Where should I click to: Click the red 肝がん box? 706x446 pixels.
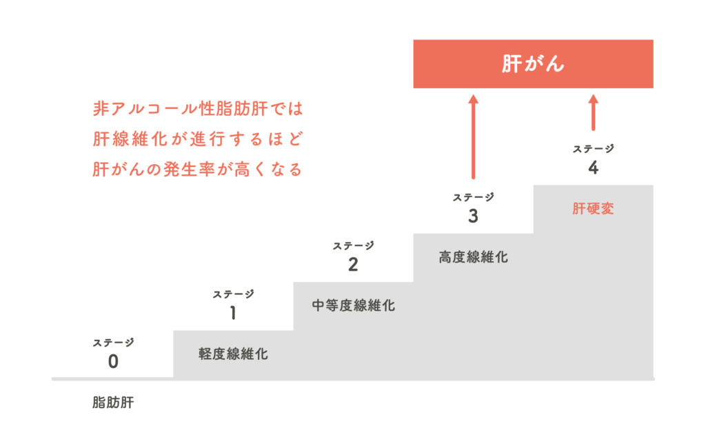click(533, 64)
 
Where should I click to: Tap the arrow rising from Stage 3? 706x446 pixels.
click(473, 137)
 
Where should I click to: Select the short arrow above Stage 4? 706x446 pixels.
click(593, 113)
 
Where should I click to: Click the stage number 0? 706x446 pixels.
click(113, 361)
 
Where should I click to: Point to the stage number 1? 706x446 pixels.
click(233, 313)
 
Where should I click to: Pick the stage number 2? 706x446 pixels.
click(353, 265)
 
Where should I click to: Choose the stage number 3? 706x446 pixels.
click(473, 216)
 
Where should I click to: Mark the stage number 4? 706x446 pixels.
click(593, 168)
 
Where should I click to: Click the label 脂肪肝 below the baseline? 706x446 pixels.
click(113, 403)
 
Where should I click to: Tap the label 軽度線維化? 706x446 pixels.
click(233, 355)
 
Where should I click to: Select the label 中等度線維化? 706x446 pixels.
click(353, 305)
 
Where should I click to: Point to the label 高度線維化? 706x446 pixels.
click(473, 257)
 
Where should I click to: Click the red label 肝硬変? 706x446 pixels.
click(593, 209)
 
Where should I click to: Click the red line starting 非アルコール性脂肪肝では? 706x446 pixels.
click(198, 109)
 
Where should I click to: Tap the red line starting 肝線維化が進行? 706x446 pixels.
click(198, 139)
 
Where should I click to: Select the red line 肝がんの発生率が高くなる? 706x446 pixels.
click(198, 170)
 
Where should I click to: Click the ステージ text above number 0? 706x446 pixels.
click(113, 343)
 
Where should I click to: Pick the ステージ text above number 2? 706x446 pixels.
click(353, 245)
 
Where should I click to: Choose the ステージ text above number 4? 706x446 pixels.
click(593, 148)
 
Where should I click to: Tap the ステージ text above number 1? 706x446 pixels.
click(233, 294)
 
